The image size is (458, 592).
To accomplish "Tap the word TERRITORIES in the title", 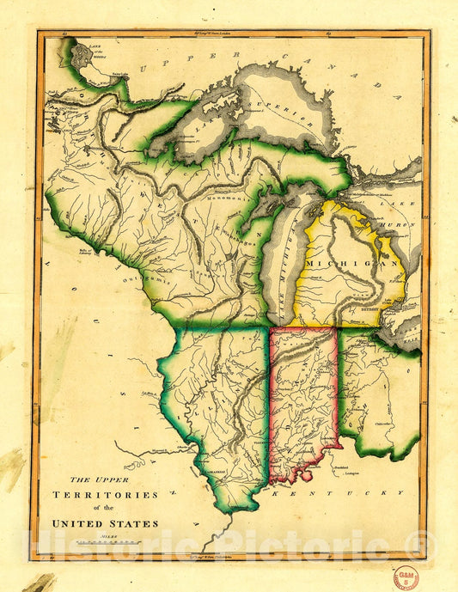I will click(106, 496).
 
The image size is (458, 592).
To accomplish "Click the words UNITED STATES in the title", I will click(106, 522).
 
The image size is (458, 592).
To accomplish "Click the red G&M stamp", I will click(406, 577).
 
